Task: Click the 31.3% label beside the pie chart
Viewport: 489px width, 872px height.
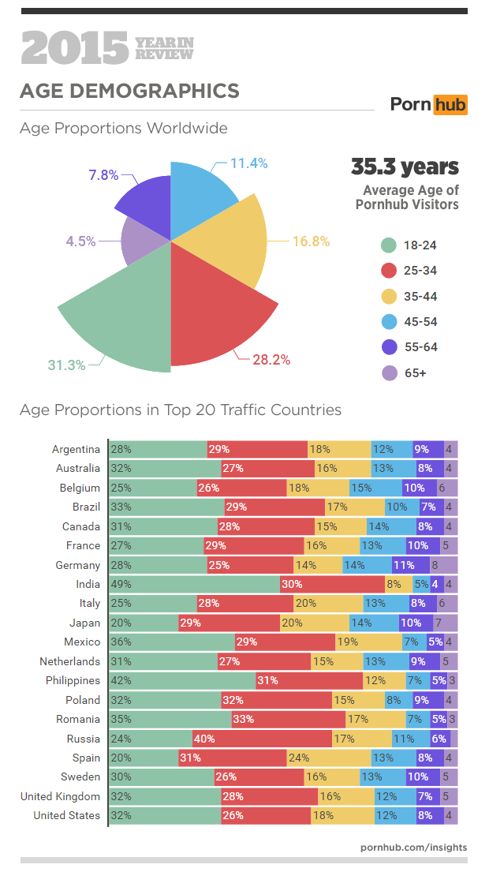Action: coord(66,365)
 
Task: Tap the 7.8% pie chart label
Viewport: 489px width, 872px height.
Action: coord(103,175)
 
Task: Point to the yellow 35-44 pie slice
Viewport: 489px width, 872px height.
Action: coord(229,241)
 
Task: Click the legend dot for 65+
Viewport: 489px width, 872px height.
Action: coord(387,373)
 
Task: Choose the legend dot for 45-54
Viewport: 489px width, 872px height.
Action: coord(387,322)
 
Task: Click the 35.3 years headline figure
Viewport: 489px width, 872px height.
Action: coord(405,167)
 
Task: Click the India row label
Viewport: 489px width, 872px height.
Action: coord(88,584)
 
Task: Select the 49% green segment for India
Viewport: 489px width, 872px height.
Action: coord(194,584)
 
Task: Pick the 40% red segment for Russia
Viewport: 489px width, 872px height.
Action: coord(262,739)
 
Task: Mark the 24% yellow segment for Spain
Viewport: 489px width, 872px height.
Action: coord(328,758)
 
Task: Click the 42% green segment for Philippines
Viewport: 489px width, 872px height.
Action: coord(182,680)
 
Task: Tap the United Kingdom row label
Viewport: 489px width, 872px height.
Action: coord(61,796)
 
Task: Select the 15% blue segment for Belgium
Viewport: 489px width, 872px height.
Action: coord(375,488)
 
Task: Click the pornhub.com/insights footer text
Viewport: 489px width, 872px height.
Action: coord(413,847)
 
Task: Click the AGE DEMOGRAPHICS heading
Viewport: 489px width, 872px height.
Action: coord(129,91)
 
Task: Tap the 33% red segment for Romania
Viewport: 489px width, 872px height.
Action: coord(289,719)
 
